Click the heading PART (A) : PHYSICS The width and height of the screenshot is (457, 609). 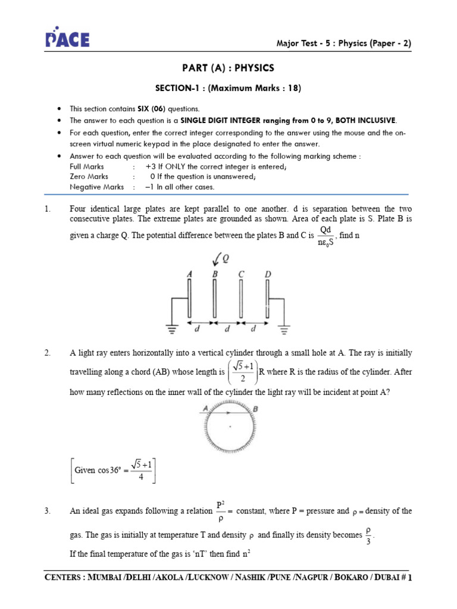pyautogui.click(x=228, y=68)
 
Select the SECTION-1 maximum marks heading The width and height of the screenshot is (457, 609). pyautogui.click(x=228, y=89)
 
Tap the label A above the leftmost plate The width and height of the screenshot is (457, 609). pyautogui.click(x=189, y=274)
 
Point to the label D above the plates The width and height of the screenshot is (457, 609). pyautogui.click(x=268, y=274)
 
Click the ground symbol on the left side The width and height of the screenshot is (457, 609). pyautogui.click(x=172, y=327)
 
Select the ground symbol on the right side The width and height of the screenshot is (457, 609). pyautogui.click(x=285, y=327)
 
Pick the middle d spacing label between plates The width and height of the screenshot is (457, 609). pyautogui.click(x=228, y=328)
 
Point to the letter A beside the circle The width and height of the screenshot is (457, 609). pyautogui.click(x=204, y=409)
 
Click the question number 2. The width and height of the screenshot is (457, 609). pyautogui.click(x=48, y=353)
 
